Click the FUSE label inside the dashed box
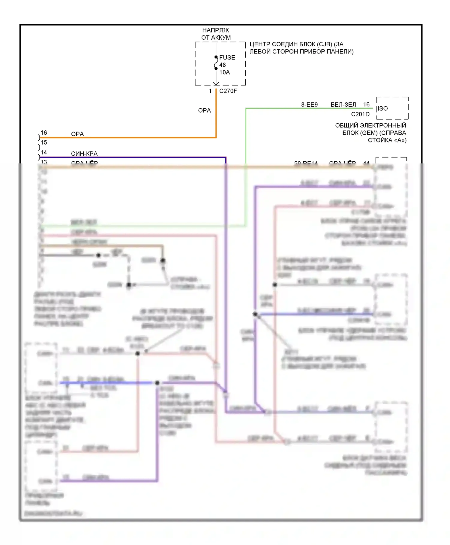[227, 57]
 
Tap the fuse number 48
[222, 65]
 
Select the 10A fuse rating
[224, 72]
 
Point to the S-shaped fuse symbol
[216, 63]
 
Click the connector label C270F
[228, 91]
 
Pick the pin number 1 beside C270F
[210, 91]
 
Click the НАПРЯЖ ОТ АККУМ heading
[216, 34]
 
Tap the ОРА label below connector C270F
[204, 111]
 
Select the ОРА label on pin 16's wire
[77, 134]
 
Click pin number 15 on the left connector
[44, 142]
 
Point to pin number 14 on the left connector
[44, 152]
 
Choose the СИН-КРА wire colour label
[84, 154]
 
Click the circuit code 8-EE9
[309, 105]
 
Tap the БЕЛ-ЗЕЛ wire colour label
[343, 105]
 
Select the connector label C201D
[360, 114]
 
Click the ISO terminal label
[382, 108]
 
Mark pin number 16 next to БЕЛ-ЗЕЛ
[366, 105]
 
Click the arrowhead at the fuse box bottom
[216, 83]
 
